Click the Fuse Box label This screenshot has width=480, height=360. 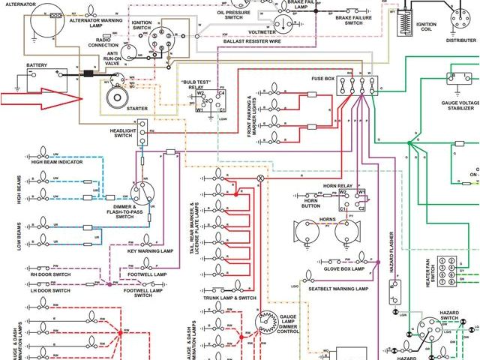[x=324, y=78]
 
